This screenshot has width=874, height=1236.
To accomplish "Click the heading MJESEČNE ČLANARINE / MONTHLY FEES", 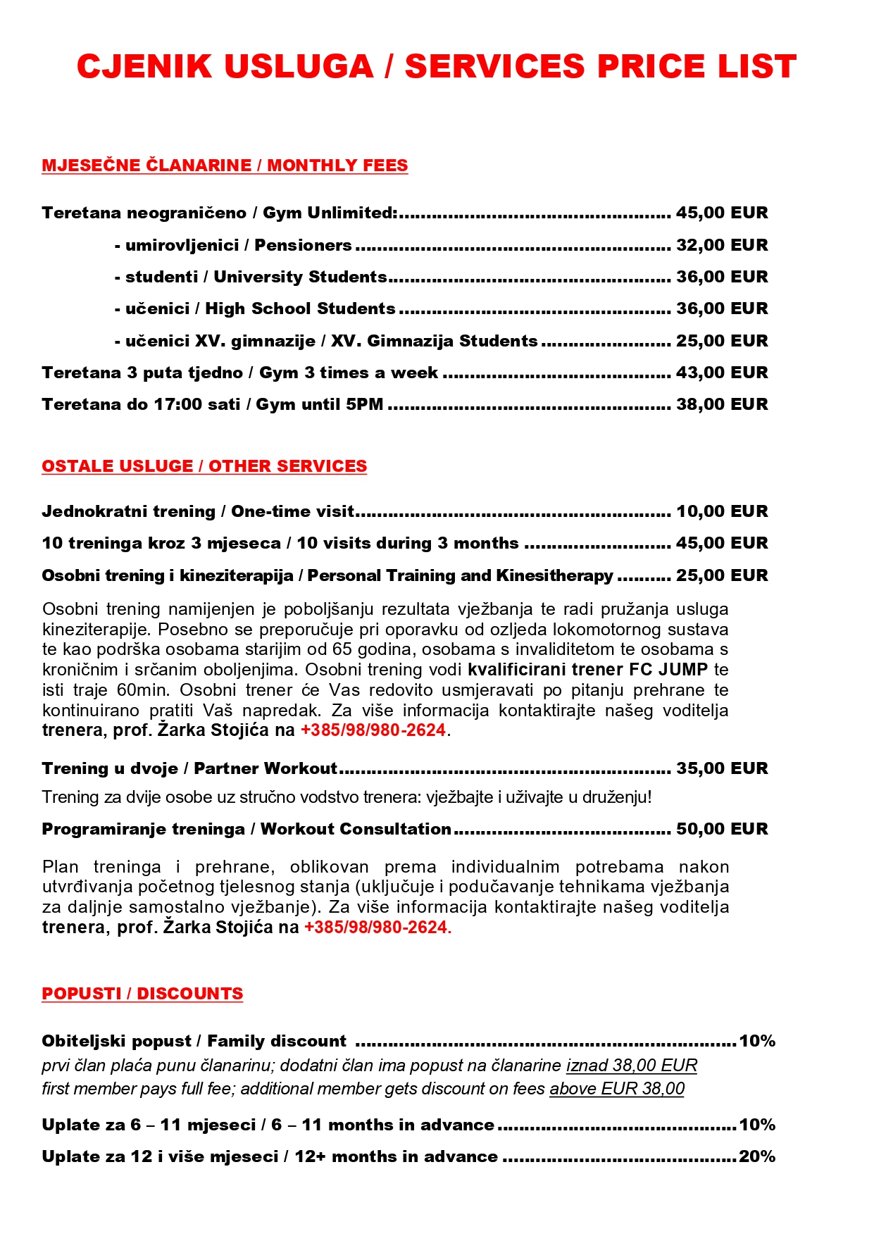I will tap(225, 166).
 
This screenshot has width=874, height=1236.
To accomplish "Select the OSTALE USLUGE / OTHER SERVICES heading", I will tap(204, 466).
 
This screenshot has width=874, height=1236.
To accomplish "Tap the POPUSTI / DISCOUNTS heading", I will tap(142, 994).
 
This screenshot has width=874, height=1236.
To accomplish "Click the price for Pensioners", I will tap(721, 245).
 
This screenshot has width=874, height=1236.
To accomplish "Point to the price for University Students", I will tap(721, 277).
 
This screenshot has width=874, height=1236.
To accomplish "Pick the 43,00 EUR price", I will tap(721, 373).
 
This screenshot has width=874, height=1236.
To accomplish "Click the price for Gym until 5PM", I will tap(721, 404).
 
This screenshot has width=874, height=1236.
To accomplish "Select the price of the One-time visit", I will tap(721, 511).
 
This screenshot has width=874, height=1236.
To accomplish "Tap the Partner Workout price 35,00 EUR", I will tap(721, 768).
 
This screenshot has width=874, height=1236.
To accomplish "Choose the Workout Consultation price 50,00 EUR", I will tap(721, 829).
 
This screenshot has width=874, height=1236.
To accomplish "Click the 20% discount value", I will tap(757, 1156).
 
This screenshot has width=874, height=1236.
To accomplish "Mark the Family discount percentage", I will tap(757, 1041).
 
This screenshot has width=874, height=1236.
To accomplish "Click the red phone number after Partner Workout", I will tap(377, 928).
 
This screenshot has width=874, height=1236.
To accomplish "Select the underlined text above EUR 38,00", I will tap(617, 1089).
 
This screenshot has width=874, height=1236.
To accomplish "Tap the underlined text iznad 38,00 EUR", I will tap(631, 1066).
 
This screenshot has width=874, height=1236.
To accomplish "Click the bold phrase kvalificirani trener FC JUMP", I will tap(587, 670).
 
